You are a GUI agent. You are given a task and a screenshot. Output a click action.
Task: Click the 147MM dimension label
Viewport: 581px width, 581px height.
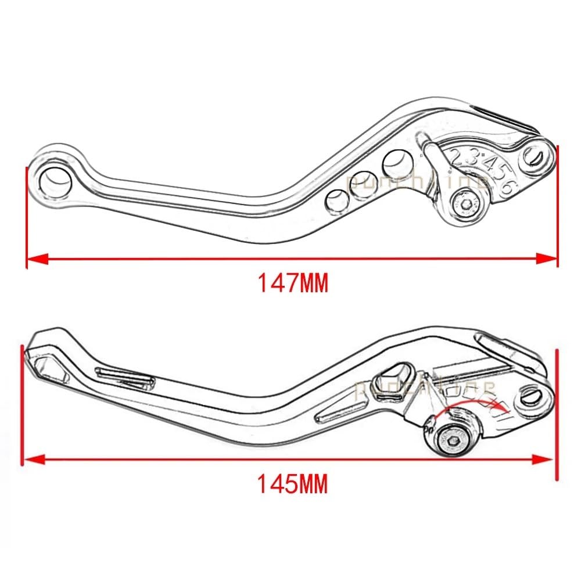(x=293, y=284)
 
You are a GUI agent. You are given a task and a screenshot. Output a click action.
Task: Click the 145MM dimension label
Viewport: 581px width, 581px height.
(x=293, y=483)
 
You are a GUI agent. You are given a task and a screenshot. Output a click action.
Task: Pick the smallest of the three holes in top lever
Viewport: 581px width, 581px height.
(x=335, y=200)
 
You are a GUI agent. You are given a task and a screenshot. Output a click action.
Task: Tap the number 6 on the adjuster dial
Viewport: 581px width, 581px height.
(x=507, y=186)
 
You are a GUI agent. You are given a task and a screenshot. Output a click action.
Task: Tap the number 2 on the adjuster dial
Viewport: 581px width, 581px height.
(x=457, y=156)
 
